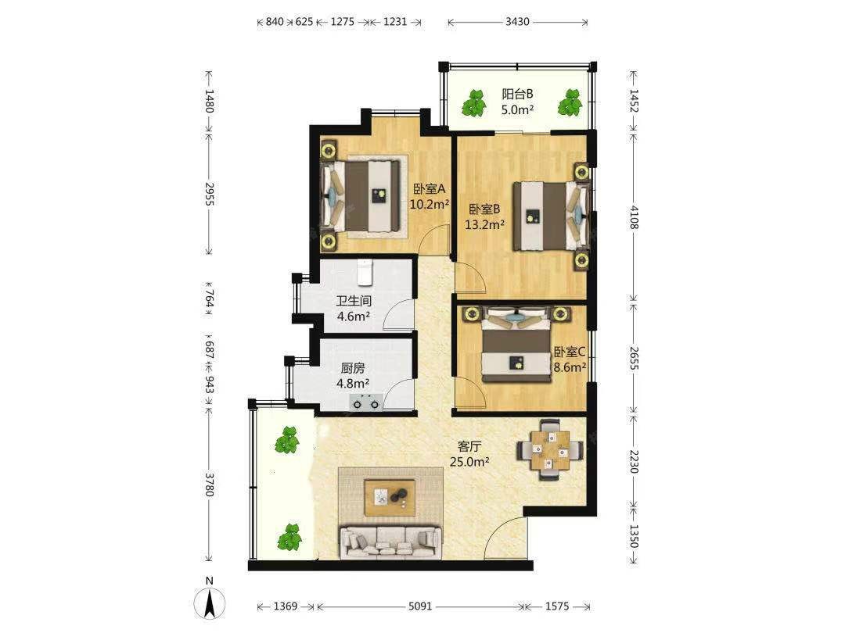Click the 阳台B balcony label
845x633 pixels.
point(517,94)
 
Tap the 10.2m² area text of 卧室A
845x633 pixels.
point(430,204)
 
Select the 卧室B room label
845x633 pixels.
point(484,209)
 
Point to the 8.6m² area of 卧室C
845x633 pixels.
point(570,367)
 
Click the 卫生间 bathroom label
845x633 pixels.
point(354,301)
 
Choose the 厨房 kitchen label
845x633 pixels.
point(353,368)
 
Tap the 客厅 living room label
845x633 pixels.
point(469,446)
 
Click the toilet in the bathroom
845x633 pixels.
point(365,273)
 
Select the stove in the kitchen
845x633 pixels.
point(366,402)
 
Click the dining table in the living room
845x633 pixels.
point(550,449)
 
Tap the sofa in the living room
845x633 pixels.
point(390,542)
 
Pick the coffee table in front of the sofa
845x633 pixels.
point(390,497)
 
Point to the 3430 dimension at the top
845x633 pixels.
point(517,22)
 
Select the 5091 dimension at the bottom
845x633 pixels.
point(420,606)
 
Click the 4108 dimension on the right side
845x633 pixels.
point(634,217)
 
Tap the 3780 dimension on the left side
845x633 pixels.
point(210,485)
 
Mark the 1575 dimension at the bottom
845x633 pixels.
point(557,606)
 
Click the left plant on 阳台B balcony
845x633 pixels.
point(474,103)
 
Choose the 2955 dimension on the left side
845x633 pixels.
point(210,194)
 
